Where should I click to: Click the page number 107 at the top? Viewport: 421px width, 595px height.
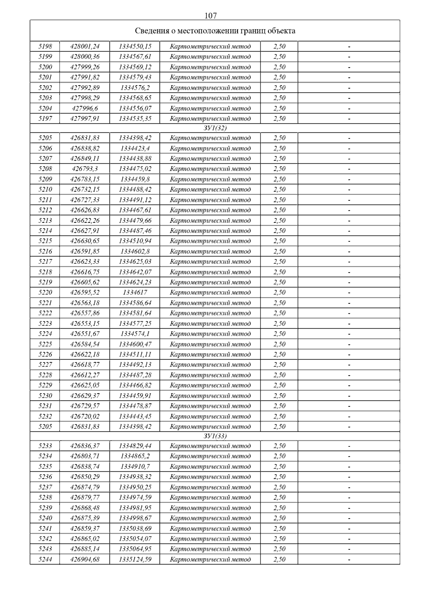coord(210,15)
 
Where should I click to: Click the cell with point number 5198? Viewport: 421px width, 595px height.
coord(45,46)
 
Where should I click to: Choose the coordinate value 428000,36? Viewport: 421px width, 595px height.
coord(85,56)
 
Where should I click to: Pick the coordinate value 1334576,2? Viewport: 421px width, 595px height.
coord(135,88)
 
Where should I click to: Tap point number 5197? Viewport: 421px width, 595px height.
coord(45,118)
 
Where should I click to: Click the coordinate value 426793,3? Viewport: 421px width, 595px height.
coord(85,169)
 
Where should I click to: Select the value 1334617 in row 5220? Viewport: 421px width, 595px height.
coord(135,292)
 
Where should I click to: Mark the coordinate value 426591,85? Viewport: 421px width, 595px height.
coord(85,251)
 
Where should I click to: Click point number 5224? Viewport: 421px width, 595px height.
coord(45,334)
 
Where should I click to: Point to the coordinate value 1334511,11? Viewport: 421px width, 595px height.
coord(135,354)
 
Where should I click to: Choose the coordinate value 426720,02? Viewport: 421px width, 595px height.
coord(85,416)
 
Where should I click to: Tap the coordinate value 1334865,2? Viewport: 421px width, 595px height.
coord(135,456)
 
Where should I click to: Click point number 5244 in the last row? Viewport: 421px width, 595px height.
coord(45,559)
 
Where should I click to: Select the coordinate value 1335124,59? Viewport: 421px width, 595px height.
coord(135,559)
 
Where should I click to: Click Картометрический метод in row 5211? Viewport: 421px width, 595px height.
coord(210,200)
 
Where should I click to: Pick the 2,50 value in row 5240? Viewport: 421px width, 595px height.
coord(280,518)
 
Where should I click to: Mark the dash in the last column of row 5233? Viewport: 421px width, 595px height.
coord(349,446)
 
